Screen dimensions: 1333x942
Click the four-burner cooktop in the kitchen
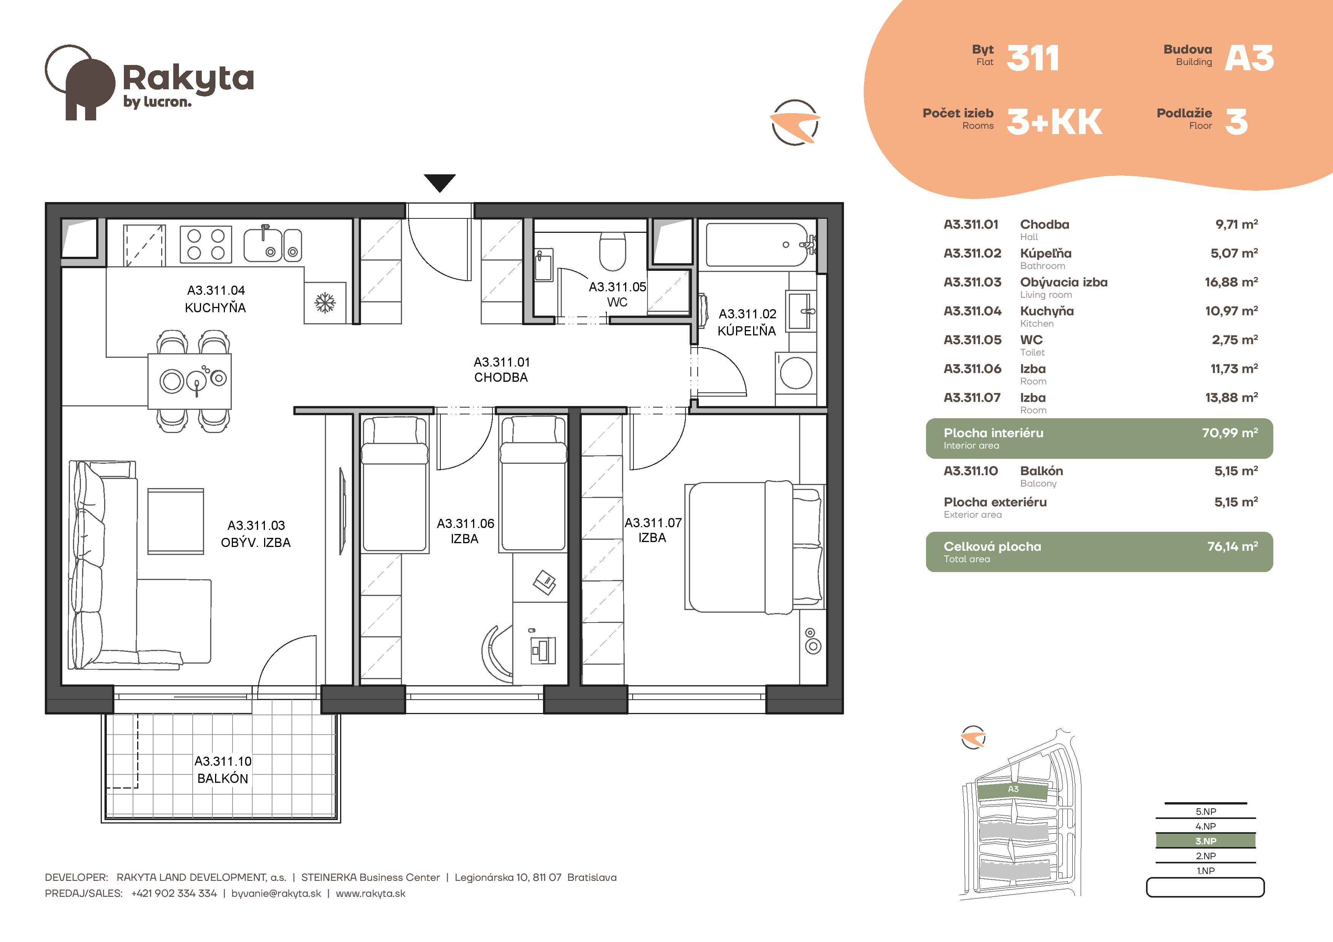click(x=206, y=244)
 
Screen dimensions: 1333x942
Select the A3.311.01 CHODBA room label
click(x=502, y=370)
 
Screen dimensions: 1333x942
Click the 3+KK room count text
click(x=1054, y=122)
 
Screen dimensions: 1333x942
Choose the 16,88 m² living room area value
click(x=1232, y=282)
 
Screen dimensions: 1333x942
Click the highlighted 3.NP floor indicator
click(x=1205, y=841)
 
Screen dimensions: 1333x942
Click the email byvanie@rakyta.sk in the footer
click(x=276, y=894)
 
